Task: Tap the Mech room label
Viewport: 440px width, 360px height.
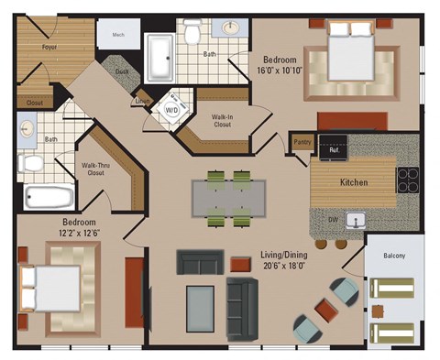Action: pyautogui.click(x=118, y=36)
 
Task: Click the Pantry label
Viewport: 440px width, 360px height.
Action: pyautogui.click(x=302, y=142)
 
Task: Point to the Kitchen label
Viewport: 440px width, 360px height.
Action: pyautogui.click(x=353, y=182)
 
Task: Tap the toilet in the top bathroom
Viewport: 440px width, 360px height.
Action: pyautogui.click(x=192, y=34)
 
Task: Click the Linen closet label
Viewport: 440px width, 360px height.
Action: pyautogui.click(x=143, y=101)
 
